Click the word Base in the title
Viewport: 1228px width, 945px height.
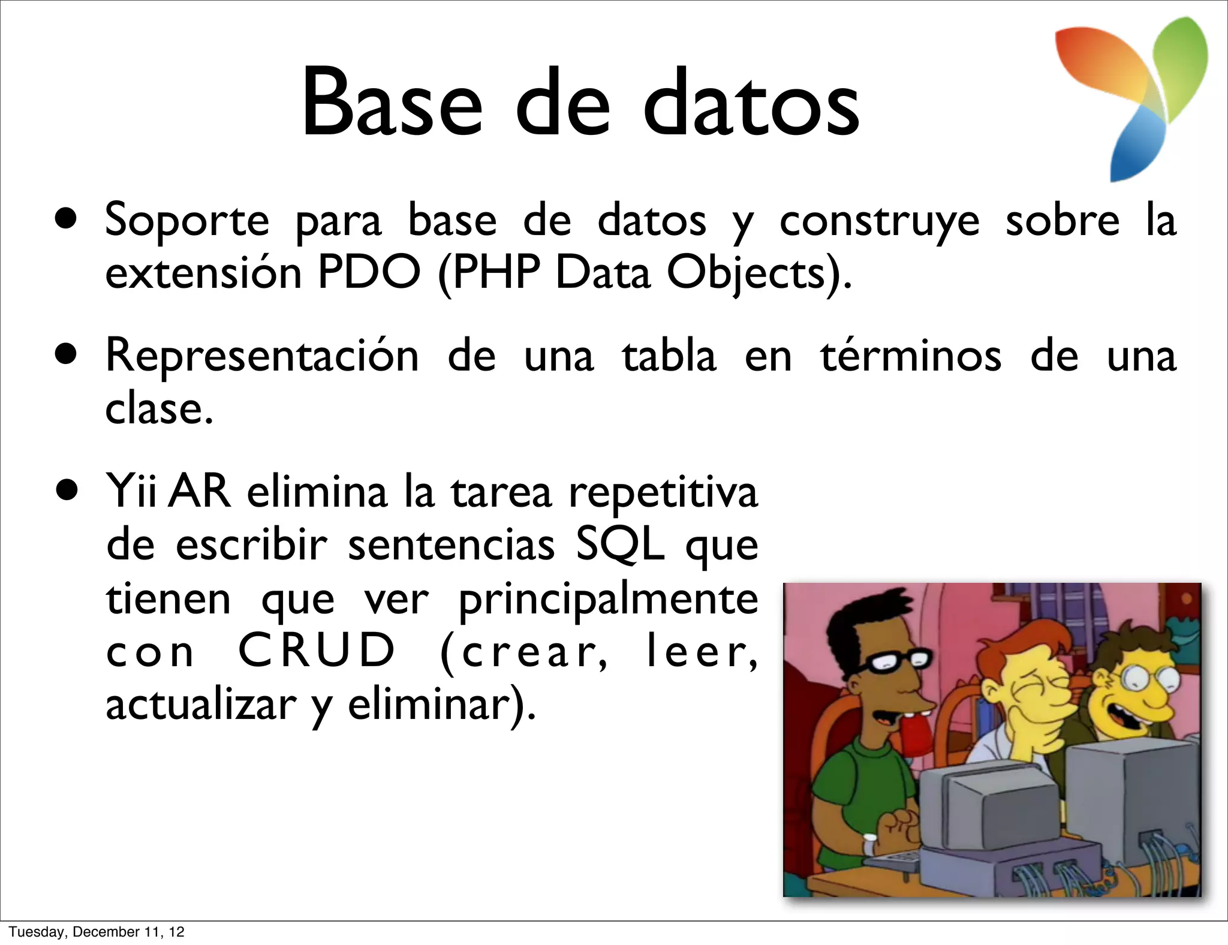[391, 103]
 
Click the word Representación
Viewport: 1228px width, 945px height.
[262, 356]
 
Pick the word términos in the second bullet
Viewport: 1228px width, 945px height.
[911, 356]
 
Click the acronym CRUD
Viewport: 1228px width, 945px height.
[317, 650]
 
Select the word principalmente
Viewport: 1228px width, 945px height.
[608, 600]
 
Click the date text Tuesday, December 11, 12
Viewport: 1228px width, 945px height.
[97, 932]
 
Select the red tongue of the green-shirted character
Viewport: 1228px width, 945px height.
[914, 744]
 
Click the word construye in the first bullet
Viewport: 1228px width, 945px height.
[879, 221]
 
